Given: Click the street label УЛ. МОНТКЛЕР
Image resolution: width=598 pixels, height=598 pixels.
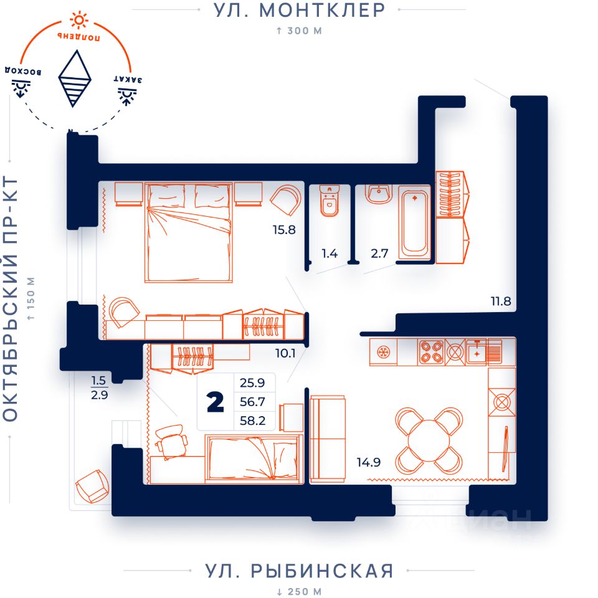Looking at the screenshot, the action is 300,11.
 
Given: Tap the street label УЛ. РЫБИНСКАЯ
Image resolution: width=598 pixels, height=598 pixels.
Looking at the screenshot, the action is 300,571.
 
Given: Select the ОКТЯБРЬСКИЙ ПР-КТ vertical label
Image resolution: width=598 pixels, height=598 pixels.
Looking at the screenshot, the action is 11,299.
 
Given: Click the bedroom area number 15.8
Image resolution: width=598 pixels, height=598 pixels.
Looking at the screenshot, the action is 284,230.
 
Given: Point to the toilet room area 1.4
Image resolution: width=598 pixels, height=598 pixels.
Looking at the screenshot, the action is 330,254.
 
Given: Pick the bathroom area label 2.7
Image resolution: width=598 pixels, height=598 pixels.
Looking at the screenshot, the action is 379,254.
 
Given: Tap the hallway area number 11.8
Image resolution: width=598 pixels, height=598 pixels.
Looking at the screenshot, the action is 501,301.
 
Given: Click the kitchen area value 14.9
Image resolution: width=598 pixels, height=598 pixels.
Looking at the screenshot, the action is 368,462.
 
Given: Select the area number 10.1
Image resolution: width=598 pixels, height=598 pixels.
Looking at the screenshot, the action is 286,353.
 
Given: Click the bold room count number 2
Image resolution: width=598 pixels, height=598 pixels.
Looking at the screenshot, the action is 216,403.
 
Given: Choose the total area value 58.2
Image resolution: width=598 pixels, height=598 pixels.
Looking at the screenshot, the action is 252,420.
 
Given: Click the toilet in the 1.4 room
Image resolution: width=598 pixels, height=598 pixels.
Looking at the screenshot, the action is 329,201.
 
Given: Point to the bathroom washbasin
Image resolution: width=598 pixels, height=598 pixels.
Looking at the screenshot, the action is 379,194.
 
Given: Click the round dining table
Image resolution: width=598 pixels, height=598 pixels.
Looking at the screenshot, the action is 429,440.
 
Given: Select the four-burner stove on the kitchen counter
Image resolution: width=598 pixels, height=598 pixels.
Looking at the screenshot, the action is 431,352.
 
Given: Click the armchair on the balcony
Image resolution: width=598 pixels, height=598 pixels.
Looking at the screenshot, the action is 93,486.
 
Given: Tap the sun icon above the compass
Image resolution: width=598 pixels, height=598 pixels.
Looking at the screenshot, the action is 79,21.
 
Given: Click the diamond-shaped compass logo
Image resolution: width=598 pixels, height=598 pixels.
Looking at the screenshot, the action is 75,78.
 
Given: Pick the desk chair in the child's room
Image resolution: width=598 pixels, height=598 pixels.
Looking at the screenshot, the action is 171,441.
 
